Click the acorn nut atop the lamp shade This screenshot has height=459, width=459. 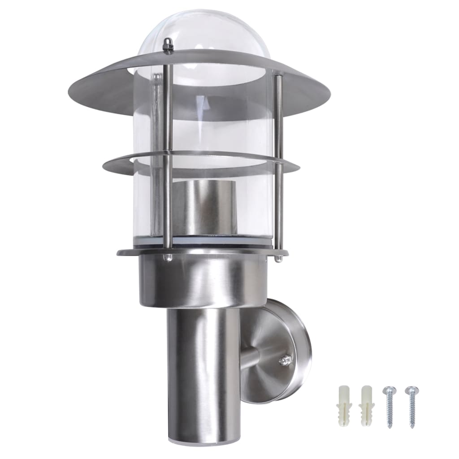168,45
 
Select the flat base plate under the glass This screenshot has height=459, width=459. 134,252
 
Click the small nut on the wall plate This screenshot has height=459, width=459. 285,359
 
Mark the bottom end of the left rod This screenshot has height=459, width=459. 168,257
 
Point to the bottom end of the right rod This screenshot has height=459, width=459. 279,258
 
